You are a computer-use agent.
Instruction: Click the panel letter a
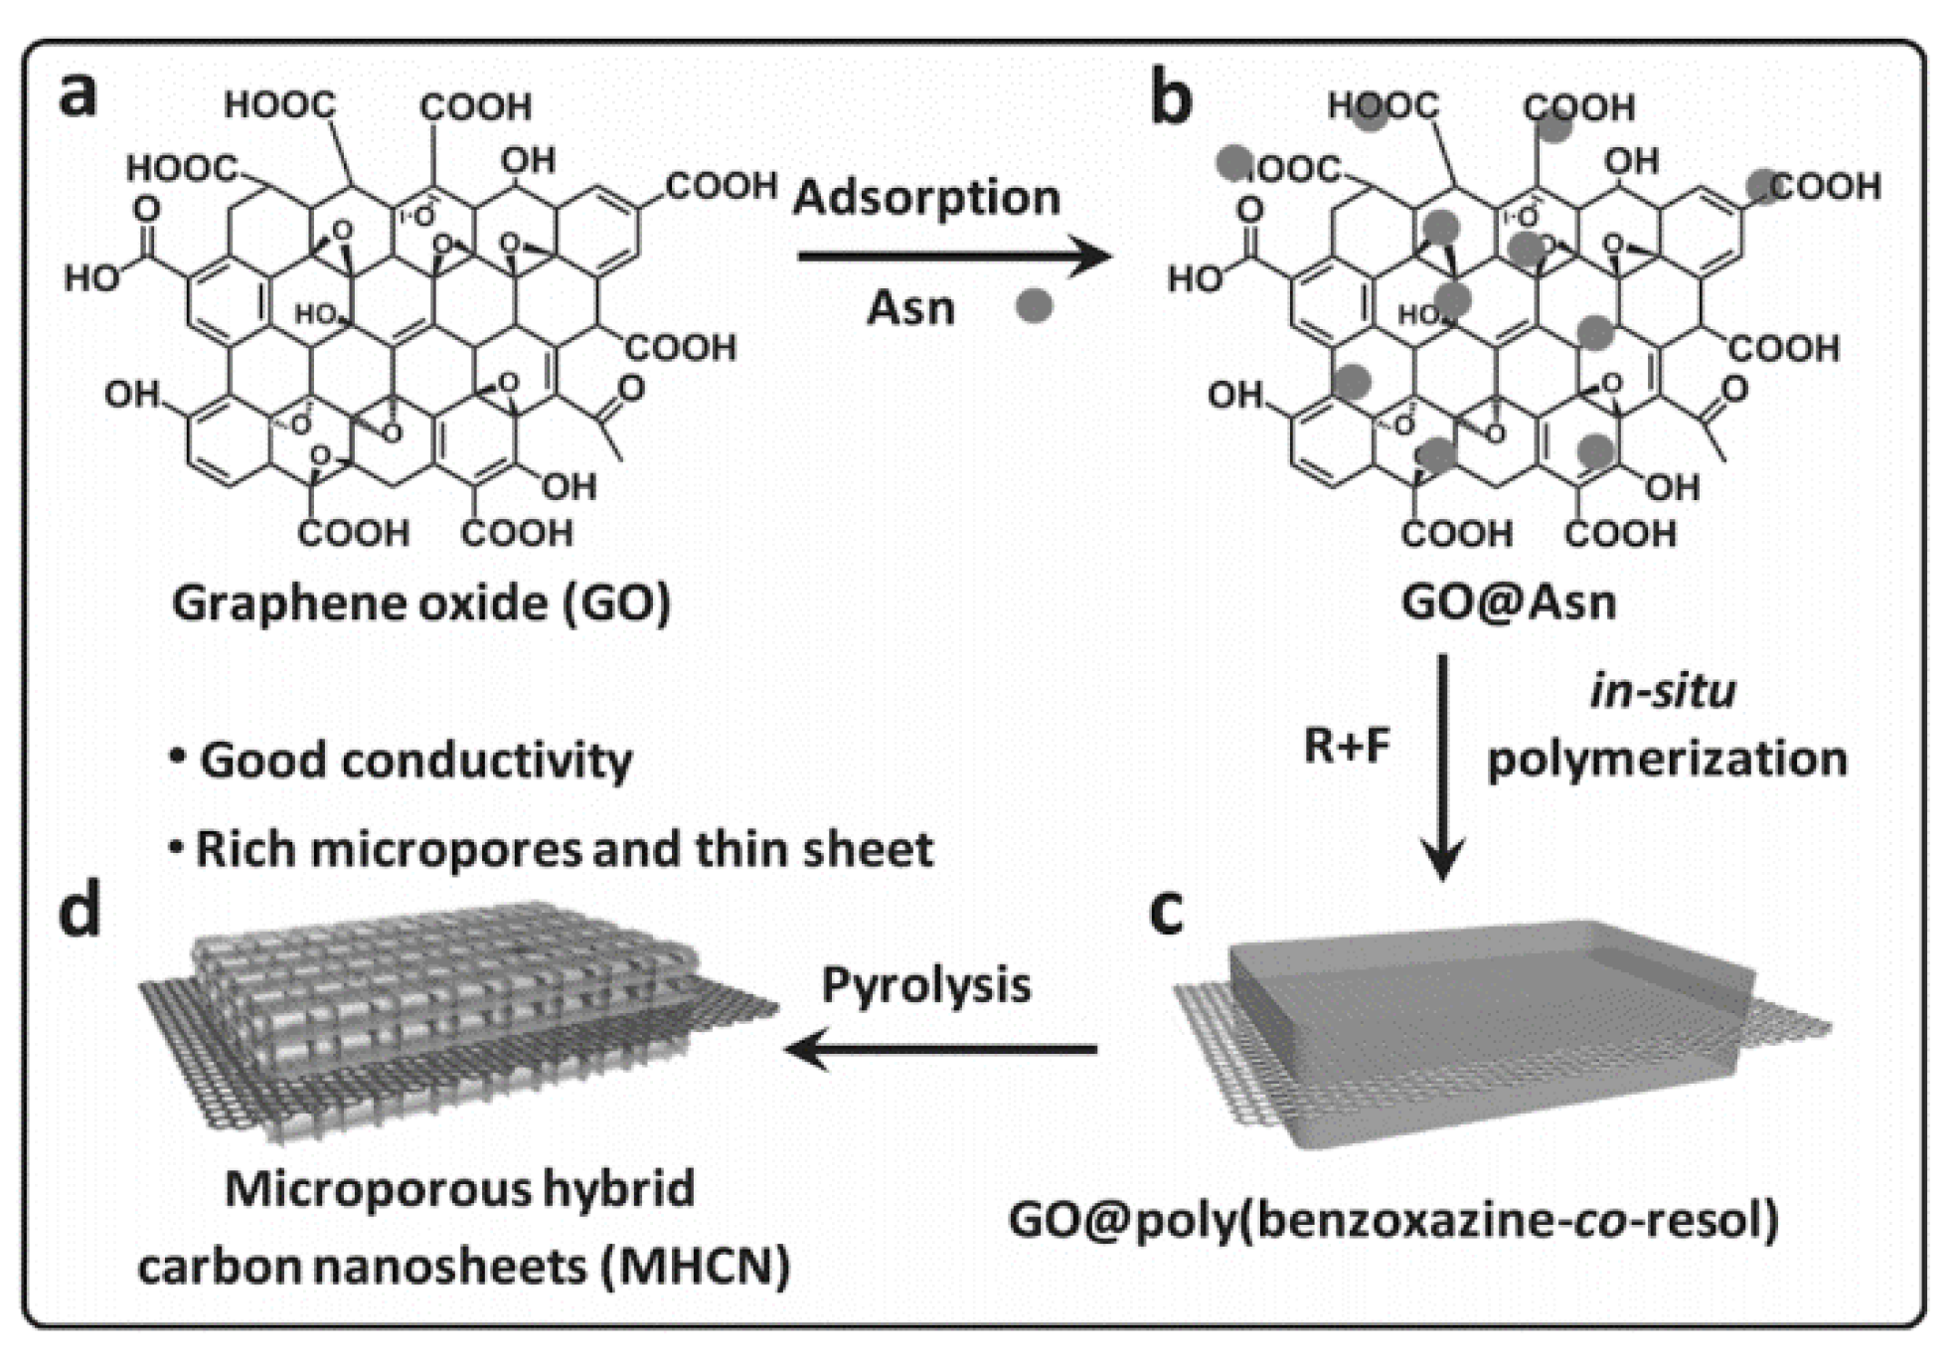click(x=79, y=95)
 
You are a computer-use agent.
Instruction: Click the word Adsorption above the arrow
click(x=926, y=197)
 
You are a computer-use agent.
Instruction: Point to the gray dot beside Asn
click(x=1034, y=305)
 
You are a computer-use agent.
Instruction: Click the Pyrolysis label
click(x=926, y=985)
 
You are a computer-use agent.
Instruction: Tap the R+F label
click(x=1347, y=746)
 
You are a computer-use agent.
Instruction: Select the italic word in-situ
click(x=1663, y=691)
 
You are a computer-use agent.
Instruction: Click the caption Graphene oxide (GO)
click(x=421, y=603)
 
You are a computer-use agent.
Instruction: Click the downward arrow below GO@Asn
click(x=1442, y=766)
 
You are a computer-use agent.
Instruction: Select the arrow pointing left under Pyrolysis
click(x=940, y=1049)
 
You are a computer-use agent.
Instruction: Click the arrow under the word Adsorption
click(x=954, y=257)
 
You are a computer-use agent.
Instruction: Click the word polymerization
click(x=1667, y=760)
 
